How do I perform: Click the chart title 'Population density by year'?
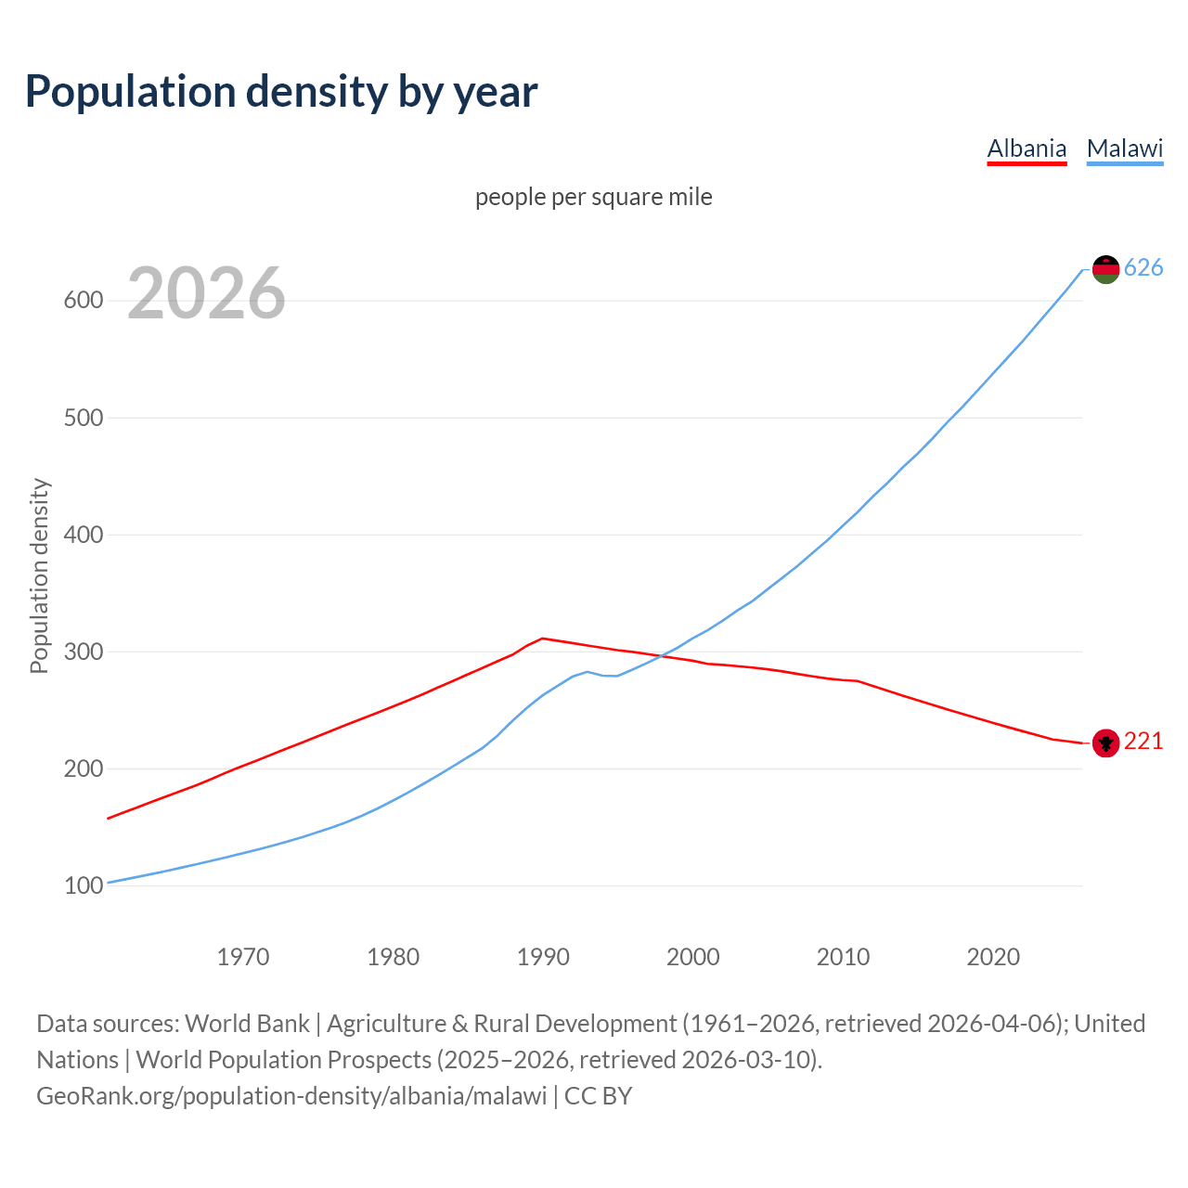281,91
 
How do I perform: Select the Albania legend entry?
1027,148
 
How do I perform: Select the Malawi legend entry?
1125,148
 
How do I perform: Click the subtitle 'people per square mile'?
594,197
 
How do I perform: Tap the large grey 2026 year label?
206,293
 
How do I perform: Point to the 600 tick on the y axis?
83,301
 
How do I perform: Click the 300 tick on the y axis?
83,652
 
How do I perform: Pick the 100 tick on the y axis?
83,886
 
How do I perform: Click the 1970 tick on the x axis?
243,957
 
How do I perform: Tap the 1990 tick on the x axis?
543,957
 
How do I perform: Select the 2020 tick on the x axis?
993,957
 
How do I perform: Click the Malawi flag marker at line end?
1105,269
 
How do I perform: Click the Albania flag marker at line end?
1105,742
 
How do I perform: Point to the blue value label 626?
1143,268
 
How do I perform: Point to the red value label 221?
1143,742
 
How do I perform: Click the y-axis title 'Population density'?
39,575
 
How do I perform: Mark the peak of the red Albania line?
543,639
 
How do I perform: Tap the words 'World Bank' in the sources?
247,1024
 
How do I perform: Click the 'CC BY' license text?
598,1096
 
